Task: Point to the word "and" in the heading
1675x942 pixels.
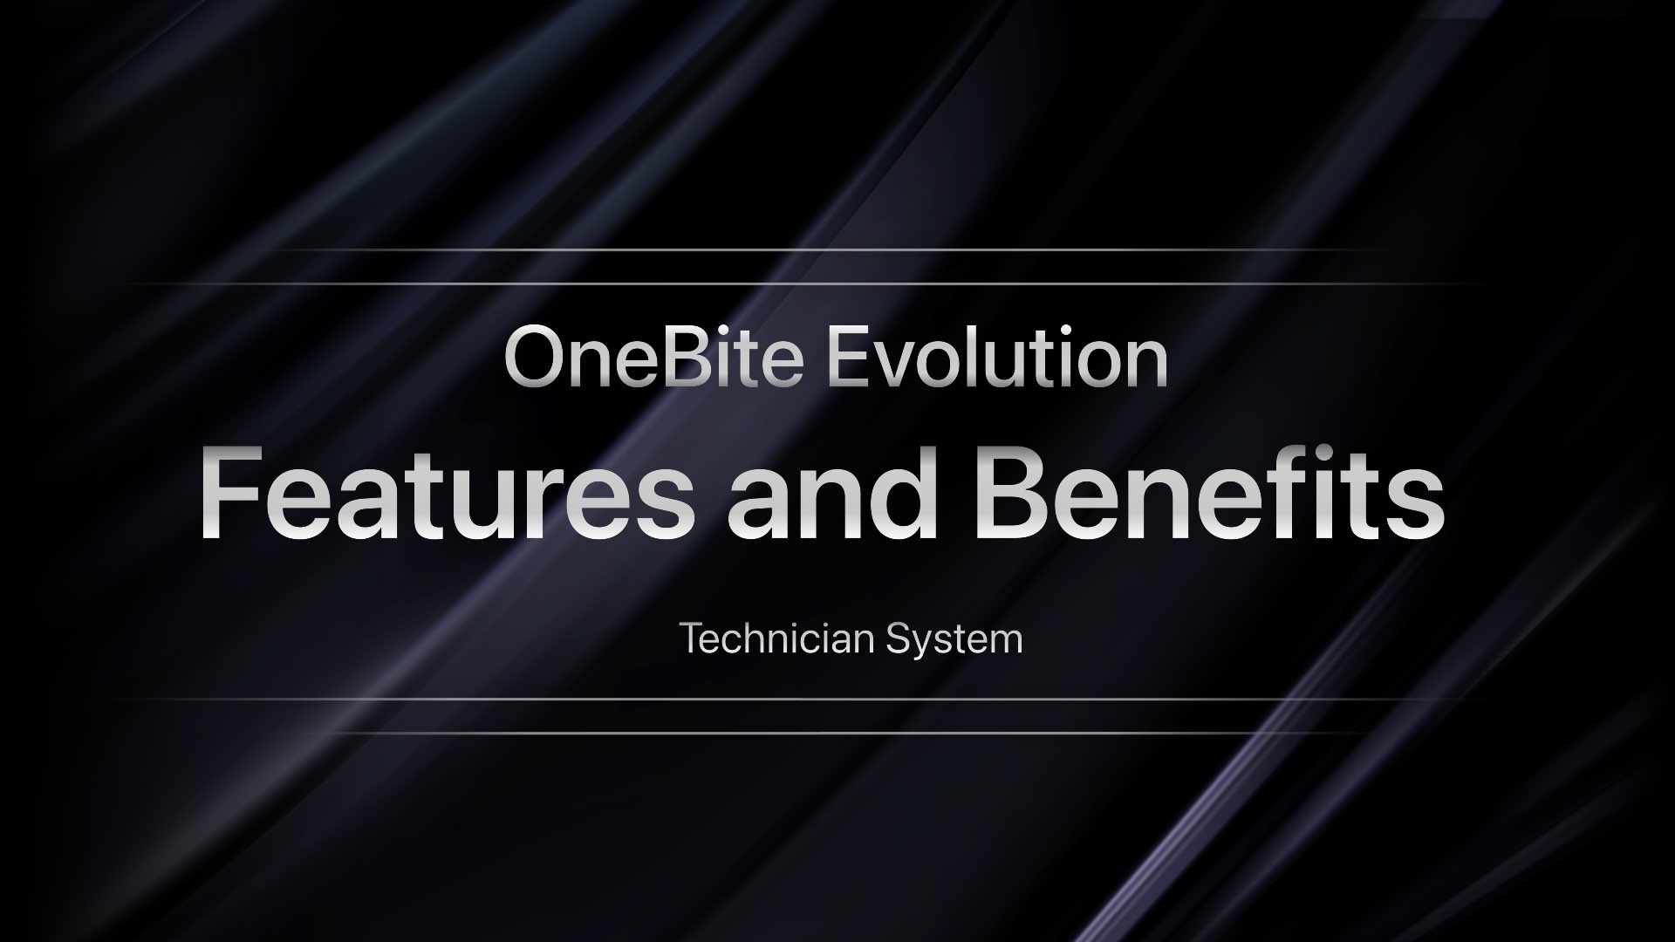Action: click(x=833, y=495)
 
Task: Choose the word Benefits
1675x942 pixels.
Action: click(x=1208, y=495)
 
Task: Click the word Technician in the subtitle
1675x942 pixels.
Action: click(x=776, y=639)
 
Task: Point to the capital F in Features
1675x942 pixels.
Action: click(x=229, y=495)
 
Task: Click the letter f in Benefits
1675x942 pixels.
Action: click(x=1326, y=493)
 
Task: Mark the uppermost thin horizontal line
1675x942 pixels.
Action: click(x=837, y=250)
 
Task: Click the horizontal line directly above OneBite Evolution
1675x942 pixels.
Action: click(x=837, y=283)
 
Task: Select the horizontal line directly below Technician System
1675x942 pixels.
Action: click(x=837, y=699)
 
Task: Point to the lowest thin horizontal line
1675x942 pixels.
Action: click(x=837, y=733)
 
